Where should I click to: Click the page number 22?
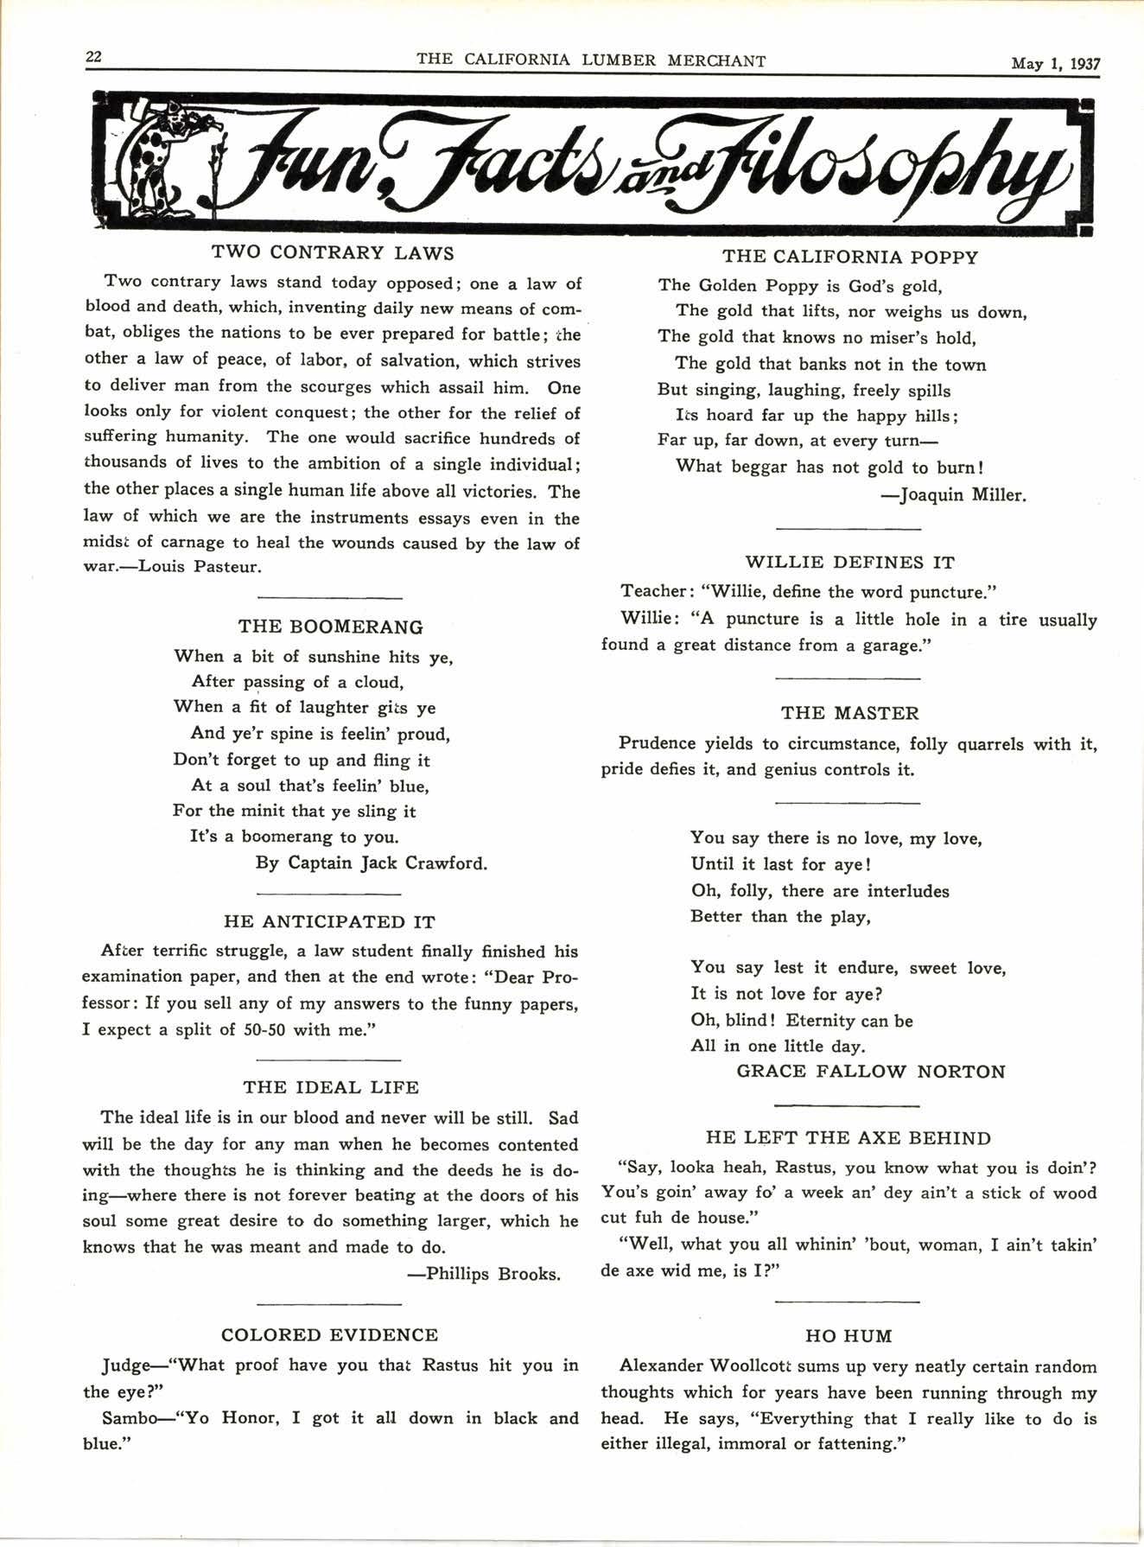pyautogui.click(x=93, y=57)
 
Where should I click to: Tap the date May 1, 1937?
pyautogui.click(x=1056, y=62)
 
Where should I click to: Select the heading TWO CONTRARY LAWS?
pyautogui.click(x=333, y=253)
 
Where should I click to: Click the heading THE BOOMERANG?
pyautogui.click(x=330, y=627)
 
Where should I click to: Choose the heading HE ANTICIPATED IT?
pyautogui.click(x=329, y=921)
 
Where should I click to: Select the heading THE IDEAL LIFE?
pyautogui.click(x=330, y=1087)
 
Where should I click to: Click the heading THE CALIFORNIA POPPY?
pyautogui.click(x=850, y=257)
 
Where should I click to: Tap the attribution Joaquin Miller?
pyautogui.click(x=962, y=495)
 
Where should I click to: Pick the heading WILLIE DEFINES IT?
pyautogui.click(x=849, y=563)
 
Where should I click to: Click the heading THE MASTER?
pyautogui.click(x=849, y=713)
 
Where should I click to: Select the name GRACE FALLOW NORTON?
pyautogui.click(x=871, y=1072)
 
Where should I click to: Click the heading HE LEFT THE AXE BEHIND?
pyautogui.click(x=848, y=1138)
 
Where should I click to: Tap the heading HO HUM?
pyautogui.click(x=848, y=1335)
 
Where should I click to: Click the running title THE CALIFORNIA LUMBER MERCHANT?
pyautogui.click(x=591, y=60)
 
